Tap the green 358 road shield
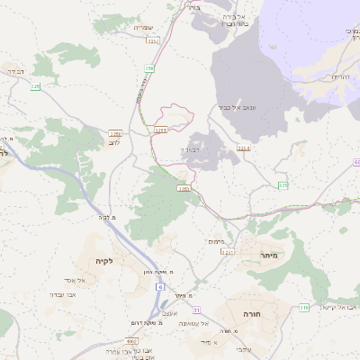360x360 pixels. tap(147, 67)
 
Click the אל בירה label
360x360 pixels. tap(247, 16)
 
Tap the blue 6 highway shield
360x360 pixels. tap(159, 286)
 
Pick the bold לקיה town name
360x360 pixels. tap(104, 261)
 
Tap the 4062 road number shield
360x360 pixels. tap(132, 341)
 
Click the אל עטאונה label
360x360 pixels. tap(193, 323)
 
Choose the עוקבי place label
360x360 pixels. tap(244, 349)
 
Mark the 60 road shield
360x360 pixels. tap(355, 161)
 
